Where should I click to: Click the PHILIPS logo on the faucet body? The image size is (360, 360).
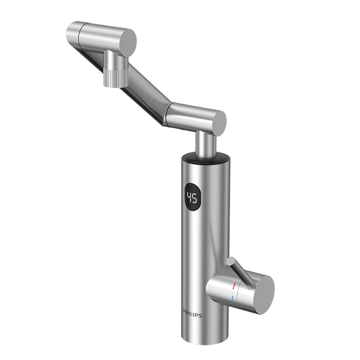pos(193,314)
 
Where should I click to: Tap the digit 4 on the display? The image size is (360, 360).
pos(189,197)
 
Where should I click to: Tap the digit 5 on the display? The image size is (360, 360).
pos(194,198)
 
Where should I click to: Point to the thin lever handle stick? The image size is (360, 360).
pos(241,273)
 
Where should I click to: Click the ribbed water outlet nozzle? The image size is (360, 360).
pos(114,78)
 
